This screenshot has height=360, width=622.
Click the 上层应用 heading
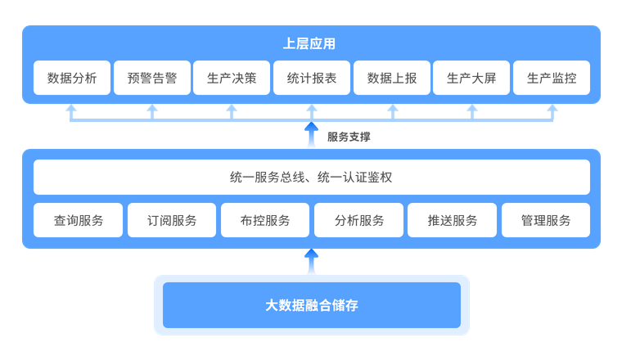point(311,44)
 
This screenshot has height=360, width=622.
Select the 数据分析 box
point(72,79)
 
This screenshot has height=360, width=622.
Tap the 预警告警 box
point(152,79)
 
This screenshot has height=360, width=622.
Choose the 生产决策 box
point(232,79)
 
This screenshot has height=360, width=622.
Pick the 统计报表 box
point(312,79)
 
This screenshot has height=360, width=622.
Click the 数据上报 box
point(392,79)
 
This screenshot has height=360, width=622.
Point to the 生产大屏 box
point(471,79)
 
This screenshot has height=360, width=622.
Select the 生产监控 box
point(552,79)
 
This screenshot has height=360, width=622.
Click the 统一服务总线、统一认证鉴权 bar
point(311,177)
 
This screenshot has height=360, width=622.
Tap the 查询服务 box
point(79,220)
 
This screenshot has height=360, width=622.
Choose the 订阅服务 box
point(172,220)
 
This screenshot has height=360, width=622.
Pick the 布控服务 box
point(265,220)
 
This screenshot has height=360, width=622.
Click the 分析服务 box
point(359,220)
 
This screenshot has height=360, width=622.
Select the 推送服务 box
point(453,220)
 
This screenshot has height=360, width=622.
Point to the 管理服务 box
point(546,220)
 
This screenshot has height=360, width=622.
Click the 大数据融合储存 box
point(311,305)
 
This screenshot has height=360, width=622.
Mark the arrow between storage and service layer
point(311,262)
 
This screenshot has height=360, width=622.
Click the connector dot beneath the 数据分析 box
point(72,109)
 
